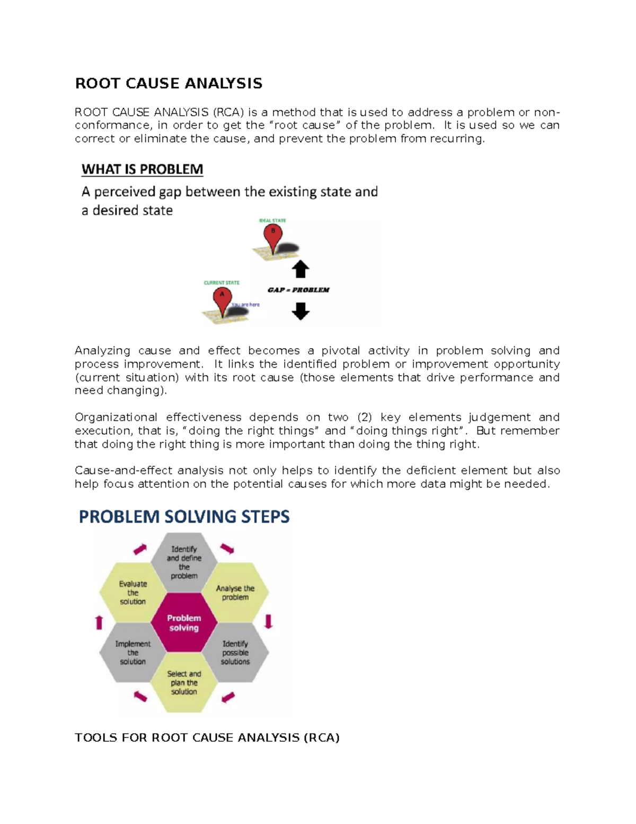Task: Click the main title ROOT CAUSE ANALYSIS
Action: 169,83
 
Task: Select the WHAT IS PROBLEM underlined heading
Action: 142,169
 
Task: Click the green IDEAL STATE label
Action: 272,220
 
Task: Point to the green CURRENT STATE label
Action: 222,283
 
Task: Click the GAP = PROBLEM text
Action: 298,290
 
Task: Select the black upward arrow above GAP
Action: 301,269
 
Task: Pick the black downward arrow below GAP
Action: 301,311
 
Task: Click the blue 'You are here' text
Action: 246,305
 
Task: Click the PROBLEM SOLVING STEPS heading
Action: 184,516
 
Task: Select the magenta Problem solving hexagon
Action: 184,622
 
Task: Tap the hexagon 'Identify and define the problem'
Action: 184,562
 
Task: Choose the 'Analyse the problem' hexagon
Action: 235,593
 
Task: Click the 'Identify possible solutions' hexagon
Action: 235,653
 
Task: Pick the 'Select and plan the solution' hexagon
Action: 184,682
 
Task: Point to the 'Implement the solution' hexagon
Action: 132,653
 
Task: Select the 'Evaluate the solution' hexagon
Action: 132,593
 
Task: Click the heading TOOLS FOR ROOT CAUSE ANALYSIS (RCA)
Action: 207,738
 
